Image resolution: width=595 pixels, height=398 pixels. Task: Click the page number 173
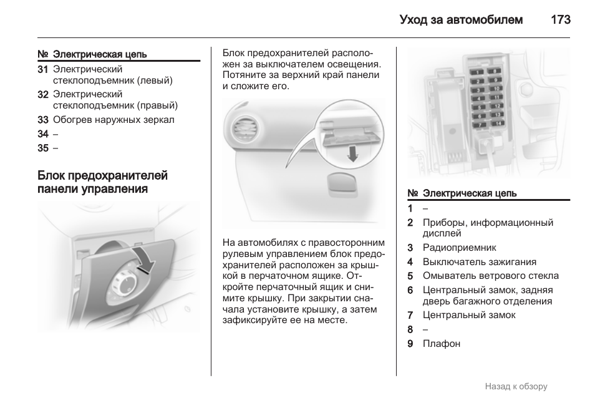pyautogui.click(x=560, y=20)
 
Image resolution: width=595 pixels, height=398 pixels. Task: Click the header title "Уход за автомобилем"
pyautogui.click(x=461, y=20)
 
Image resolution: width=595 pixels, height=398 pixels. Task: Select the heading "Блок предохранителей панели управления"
pyautogui.click(x=102, y=182)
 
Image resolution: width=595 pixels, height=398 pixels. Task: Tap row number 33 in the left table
pyautogui.click(x=43, y=119)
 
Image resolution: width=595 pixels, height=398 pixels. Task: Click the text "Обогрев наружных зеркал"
pyautogui.click(x=114, y=119)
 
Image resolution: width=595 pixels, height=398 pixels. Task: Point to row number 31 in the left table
pyautogui.click(x=43, y=69)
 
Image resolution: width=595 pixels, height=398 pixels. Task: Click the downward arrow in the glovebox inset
pyautogui.click(x=353, y=152)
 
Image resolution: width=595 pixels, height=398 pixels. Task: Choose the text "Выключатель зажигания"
pyautogui.click(x=479, y=262)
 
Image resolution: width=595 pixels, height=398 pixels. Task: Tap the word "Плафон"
pyautogui.click(x=441, y=344)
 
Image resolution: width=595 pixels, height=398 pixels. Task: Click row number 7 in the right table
pyautogui.click(x=410, y=315)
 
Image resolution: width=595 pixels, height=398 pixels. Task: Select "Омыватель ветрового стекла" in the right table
pyautogui.click(x=490, y=276)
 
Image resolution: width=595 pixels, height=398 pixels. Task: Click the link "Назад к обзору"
pyautogui.click(x=516, y=386)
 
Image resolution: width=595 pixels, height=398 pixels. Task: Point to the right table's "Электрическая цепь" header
pyautogui.click(x=470, y=193)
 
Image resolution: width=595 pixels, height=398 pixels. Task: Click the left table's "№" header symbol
pyautogui.click(x=43, y=54)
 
